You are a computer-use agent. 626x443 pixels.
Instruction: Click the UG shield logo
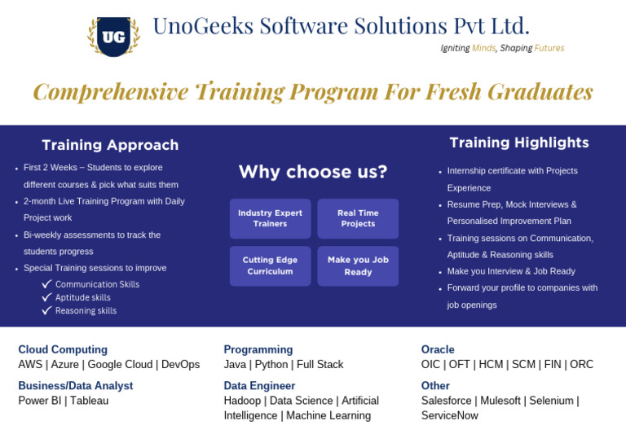(113, 36)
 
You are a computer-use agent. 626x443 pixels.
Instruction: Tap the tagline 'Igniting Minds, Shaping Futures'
(502, 48)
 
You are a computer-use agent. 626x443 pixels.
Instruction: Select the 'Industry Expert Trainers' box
(270, 218)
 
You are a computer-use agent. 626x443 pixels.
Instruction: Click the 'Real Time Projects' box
(358, 218)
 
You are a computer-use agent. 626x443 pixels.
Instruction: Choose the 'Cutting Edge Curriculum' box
(270, 265)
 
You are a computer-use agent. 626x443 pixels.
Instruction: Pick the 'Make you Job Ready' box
(358, 265)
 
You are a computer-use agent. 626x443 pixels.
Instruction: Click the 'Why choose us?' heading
(313, 172)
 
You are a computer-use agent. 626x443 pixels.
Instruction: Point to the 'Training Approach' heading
(110, 145)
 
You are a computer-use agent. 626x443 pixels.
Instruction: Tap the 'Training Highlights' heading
(518, 143)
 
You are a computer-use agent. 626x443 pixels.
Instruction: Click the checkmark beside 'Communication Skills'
(47, 284)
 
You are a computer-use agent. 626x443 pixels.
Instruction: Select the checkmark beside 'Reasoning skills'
(47, 310)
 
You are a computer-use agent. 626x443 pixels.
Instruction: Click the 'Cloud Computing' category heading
(63, 349)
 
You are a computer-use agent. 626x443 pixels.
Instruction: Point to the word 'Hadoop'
(242, 401)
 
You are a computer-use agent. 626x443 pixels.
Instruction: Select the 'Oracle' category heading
(438, 349)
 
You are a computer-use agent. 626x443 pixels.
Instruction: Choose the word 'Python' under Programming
(271, 365)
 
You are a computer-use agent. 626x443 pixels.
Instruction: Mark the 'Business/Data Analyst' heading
(75, 385)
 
